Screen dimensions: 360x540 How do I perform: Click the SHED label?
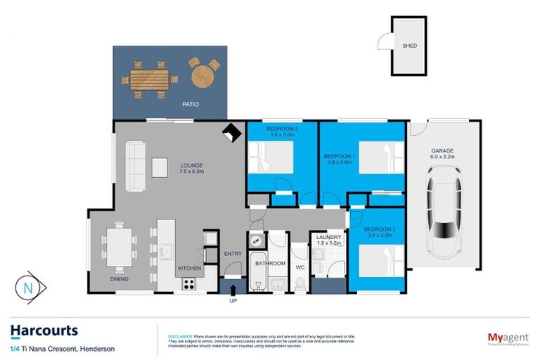click(409, 46)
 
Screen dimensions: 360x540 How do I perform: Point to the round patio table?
click(202, 72)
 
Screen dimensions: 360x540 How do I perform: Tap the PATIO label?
click(190, 104)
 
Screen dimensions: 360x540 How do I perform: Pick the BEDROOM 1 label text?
click(339, 155)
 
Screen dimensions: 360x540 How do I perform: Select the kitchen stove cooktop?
click(188, 283)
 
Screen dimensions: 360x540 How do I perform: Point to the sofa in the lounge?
click(136, 166)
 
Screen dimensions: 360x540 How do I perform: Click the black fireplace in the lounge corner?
click(230, 132)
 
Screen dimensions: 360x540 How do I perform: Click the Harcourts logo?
click(44, 330)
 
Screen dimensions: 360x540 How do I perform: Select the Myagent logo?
click(505, 338)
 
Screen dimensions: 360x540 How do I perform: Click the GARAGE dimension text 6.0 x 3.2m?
click(442, 157)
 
